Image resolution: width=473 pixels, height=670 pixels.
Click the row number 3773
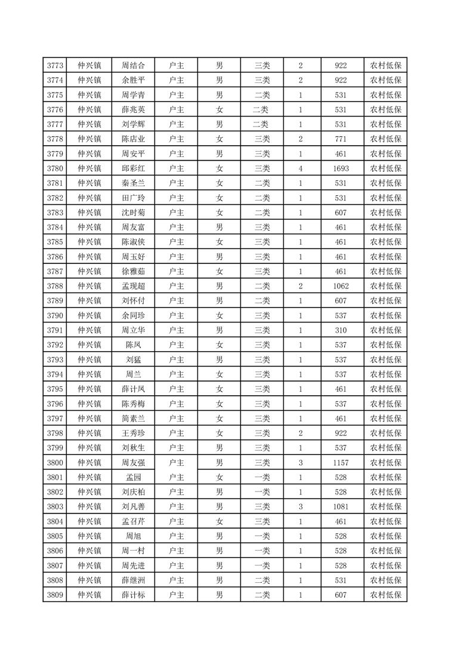[x=55, y=65]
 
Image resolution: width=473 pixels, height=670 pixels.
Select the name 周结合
[x=133, y=65]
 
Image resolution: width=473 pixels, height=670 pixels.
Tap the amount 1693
[x=341, y=168]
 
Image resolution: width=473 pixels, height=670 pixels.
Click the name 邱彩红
[x=133, y=168]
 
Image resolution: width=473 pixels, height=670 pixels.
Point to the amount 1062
[x=341, y=286]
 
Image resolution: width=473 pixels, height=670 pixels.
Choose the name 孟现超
[x=133, y=286]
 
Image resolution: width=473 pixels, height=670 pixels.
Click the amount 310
[x=341, y=330]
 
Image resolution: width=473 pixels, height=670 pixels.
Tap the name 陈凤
[x=133, y=345]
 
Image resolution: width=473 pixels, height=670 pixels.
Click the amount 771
[x=341, y=139]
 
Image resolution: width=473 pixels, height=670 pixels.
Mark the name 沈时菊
[x=133, y=213]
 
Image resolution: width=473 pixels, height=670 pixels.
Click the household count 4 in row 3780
[x=301, y=168]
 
